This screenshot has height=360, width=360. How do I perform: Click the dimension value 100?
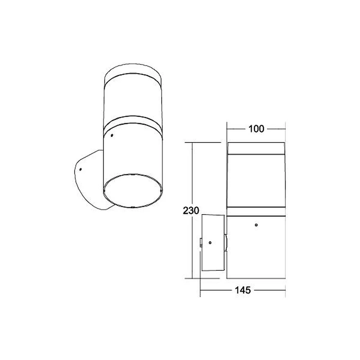point(256,129)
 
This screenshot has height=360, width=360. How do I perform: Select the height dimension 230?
point(191,211)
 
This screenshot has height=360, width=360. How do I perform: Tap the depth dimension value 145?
point(243,290)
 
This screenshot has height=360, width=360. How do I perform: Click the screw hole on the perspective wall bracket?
point(80,170)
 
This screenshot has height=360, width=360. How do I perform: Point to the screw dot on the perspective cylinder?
point(112,135)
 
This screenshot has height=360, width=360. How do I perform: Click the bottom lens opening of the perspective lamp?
point(133,191)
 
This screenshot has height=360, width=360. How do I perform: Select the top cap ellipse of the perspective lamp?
point(133,69)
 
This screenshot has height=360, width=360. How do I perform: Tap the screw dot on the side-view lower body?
point(256,225)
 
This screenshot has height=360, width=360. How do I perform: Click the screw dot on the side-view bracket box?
point(210,242)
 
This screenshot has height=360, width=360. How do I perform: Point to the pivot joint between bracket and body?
point(226,243)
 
